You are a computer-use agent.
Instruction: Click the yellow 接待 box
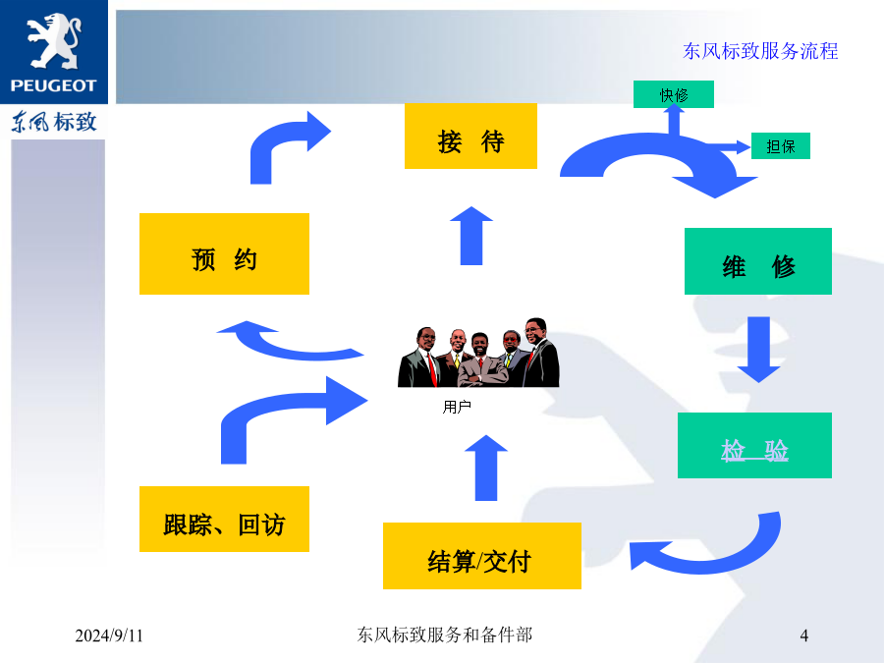(x=470, y=136)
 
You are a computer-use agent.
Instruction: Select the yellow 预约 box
(x=224, y=253)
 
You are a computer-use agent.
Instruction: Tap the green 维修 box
(x=758, y=261)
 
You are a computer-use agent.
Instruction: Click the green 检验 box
(x=755, y=445)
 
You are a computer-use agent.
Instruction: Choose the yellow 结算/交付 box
(x=482, y=556)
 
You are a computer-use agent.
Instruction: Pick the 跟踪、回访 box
(x=224, y=519)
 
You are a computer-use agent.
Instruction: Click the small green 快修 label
(x=674, y=94)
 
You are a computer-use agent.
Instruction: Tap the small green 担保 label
(x=781, y=146)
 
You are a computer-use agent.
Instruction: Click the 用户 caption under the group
(x=457, y=407)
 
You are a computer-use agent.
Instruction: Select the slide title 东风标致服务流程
(x=760, y=51)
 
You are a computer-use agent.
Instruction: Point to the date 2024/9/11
(x=109, y=635)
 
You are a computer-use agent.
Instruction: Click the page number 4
(x=803, y=635)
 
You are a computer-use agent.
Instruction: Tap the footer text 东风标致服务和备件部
(x=445, y=635)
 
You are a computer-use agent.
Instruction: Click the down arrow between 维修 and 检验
(x=759, y=350)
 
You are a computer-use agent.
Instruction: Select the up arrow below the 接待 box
(x=471, y=236)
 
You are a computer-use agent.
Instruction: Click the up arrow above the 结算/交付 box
(x=486, y=468)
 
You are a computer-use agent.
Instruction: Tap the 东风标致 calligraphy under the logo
(x=54, y=122)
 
